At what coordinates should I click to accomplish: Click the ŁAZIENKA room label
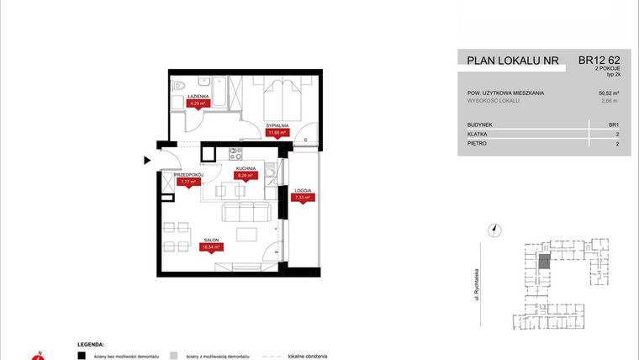tap(198, 97)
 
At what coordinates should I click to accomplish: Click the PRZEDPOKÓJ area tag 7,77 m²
tap(187, 181)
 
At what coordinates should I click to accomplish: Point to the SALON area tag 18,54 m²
tap(211, 247)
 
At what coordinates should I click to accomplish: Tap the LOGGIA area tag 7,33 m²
tap(303, 198)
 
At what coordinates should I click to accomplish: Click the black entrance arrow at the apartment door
tap(147, 159)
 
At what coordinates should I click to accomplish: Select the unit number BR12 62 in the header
tap(598, 60)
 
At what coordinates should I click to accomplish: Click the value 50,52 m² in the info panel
tap(608, 93)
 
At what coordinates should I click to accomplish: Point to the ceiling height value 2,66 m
tap(610, 101)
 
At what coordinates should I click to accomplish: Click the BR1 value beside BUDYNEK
tap(614, 124)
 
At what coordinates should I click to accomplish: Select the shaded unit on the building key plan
tap(545, 263)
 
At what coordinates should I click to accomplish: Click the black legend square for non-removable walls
tap(81, 355)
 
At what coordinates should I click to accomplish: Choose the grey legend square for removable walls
tap(172, 355)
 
